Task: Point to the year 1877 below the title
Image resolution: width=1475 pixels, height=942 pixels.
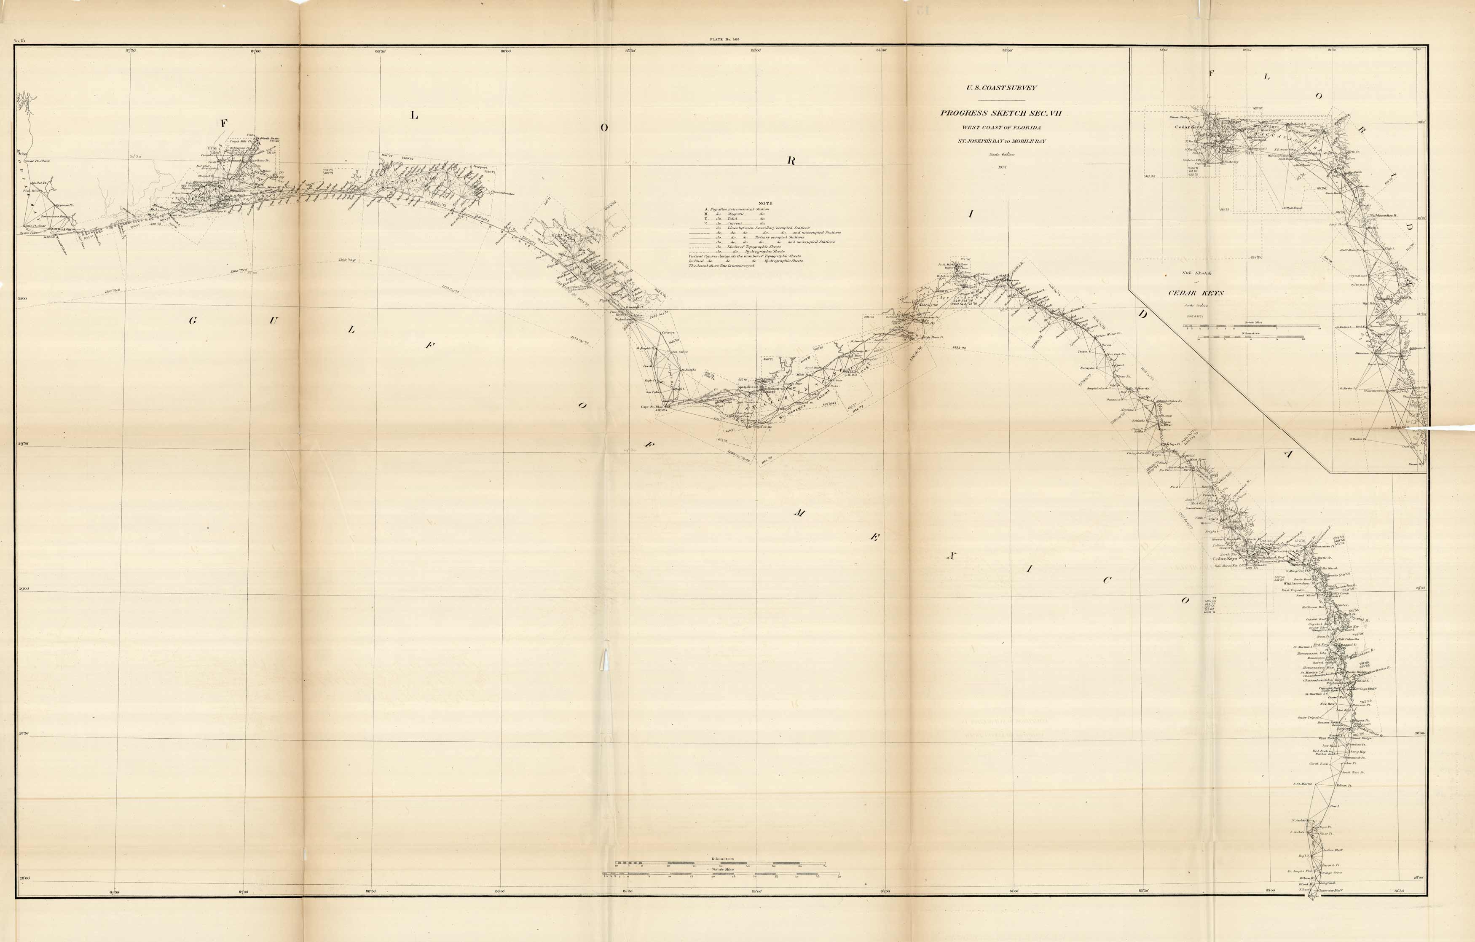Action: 1002,166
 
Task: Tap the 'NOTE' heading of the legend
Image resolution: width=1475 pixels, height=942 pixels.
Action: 765,203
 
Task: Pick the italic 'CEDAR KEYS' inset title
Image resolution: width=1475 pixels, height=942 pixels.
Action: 1196,293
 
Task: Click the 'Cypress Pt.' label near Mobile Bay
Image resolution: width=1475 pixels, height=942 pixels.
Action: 64,206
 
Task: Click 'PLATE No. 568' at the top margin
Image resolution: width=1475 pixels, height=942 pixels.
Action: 724,39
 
